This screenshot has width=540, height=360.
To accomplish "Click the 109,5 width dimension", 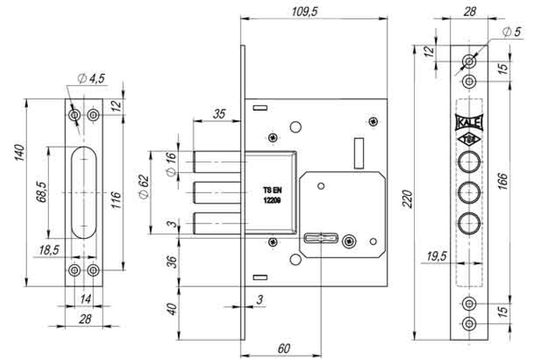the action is coord(305,11).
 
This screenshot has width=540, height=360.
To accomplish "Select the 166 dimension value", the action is coord(503,181).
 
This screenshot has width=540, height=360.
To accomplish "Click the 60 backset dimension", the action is coord(284,348).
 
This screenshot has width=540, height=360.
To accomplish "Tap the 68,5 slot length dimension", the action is coord(41,192).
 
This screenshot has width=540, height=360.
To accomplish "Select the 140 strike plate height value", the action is coord(19,153).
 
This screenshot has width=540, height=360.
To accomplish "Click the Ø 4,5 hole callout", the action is coord(91,78).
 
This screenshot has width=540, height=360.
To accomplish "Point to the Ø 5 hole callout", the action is coord(512,31).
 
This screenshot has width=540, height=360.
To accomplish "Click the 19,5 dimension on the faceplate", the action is coord(436,256).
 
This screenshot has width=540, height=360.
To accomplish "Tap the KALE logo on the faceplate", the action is coord(469,122).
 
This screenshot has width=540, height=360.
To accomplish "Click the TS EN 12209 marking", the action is coord(272,195).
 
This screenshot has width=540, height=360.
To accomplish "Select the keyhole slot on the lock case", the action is coord(320,238).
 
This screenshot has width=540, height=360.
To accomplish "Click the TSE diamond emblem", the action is coord(469,140).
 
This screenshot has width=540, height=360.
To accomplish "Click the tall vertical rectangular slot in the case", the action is coord(359,153).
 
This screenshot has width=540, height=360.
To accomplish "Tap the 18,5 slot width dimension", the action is coord(49,250).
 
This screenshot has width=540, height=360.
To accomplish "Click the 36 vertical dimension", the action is coord(172,262).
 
